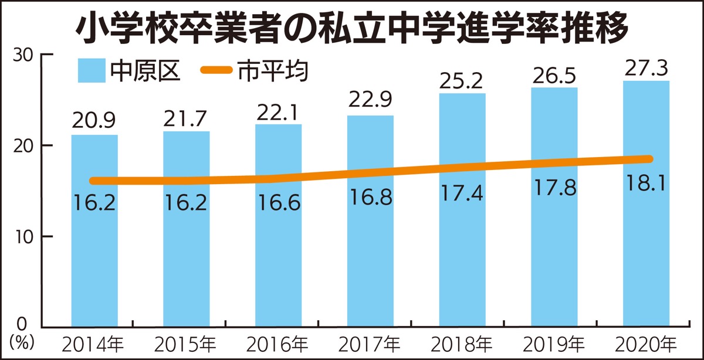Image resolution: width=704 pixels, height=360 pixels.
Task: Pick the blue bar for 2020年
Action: coord(646,246)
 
